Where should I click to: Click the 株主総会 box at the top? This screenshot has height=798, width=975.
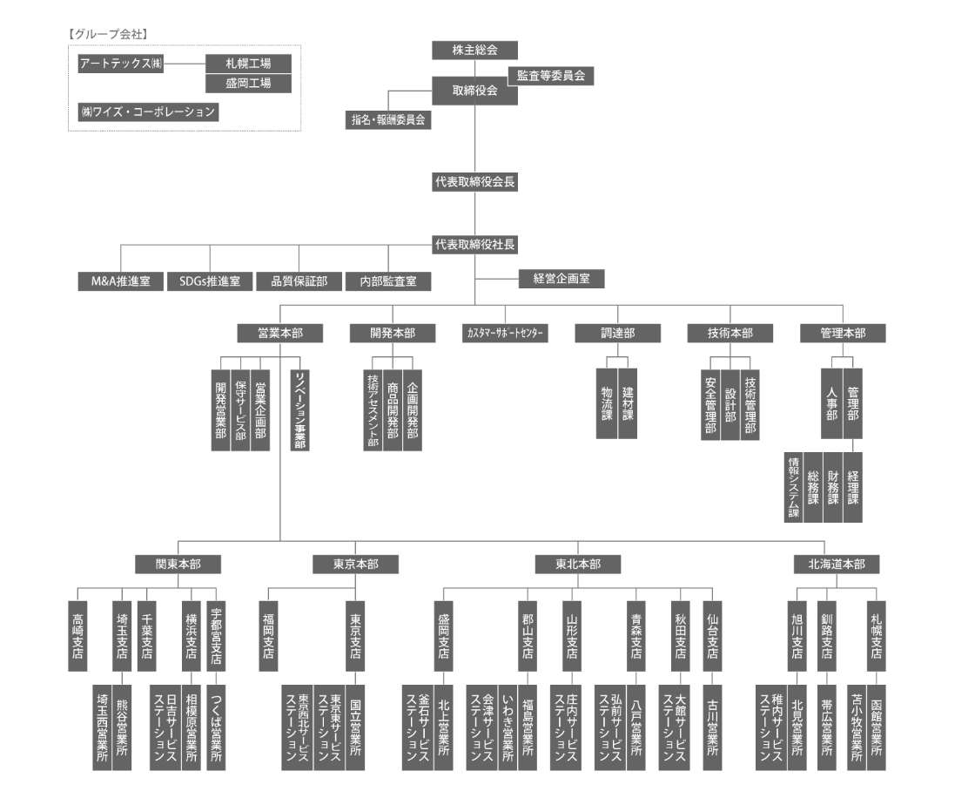pos(474,51)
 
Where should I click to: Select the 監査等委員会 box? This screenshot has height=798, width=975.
pos(551,76)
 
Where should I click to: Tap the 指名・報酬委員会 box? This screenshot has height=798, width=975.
pos(388,120)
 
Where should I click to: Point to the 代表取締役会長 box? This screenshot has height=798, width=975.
pos(474,182)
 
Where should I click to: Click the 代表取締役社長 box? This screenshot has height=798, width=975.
pos(474,245)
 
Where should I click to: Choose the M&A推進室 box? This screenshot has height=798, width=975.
pos(121,281)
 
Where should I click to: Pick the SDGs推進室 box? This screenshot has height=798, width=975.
pos(210,281)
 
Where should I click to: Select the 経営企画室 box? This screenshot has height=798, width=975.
pos(561,279)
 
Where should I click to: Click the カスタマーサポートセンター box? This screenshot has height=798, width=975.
pos(505,333)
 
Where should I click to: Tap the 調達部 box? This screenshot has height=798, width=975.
pos(617,333)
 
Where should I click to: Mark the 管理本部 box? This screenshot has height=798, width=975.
pos(843,333)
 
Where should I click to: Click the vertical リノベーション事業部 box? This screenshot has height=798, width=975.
pos(299,409)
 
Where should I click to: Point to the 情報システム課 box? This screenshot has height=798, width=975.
pos(793,487)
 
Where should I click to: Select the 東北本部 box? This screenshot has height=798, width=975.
pos(578,565)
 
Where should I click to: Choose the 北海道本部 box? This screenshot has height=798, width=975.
pos(836,565)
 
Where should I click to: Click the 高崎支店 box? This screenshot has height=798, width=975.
pos(77,636)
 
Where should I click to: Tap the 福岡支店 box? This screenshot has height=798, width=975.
pos(268,636)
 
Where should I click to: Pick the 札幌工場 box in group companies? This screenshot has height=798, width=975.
pos(248,64)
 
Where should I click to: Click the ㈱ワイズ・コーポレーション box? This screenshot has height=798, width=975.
pos(148,112)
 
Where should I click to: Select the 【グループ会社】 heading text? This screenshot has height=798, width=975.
pos(108,34)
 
